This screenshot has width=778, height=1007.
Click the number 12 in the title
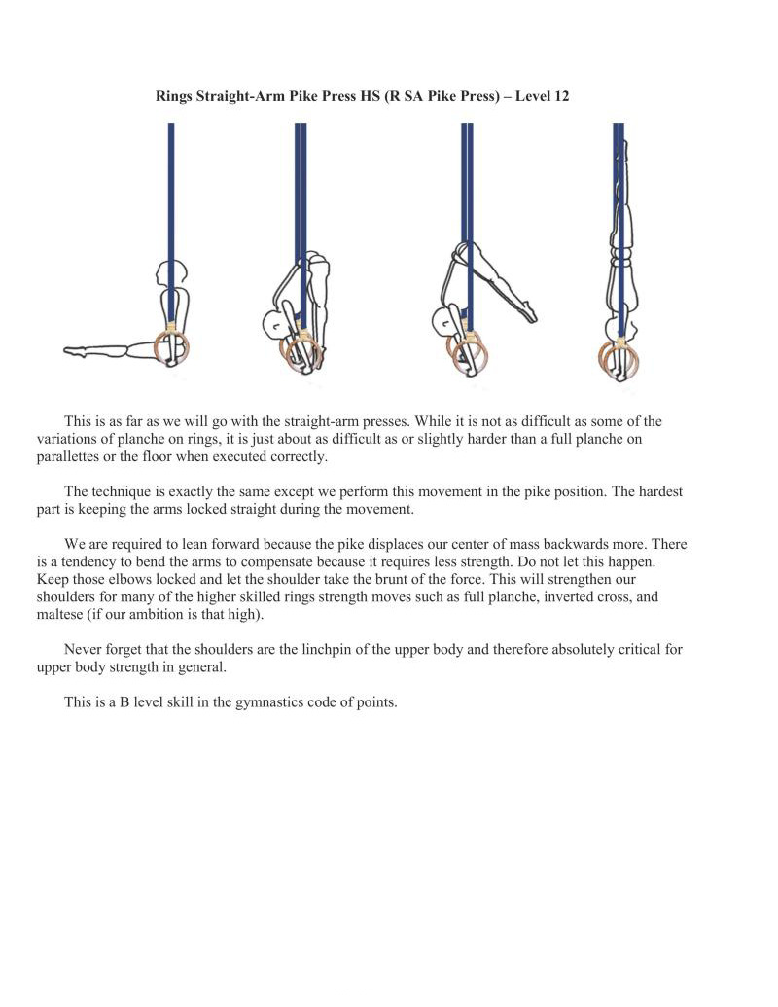point(560,97)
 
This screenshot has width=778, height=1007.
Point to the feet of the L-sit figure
point(74,350)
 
